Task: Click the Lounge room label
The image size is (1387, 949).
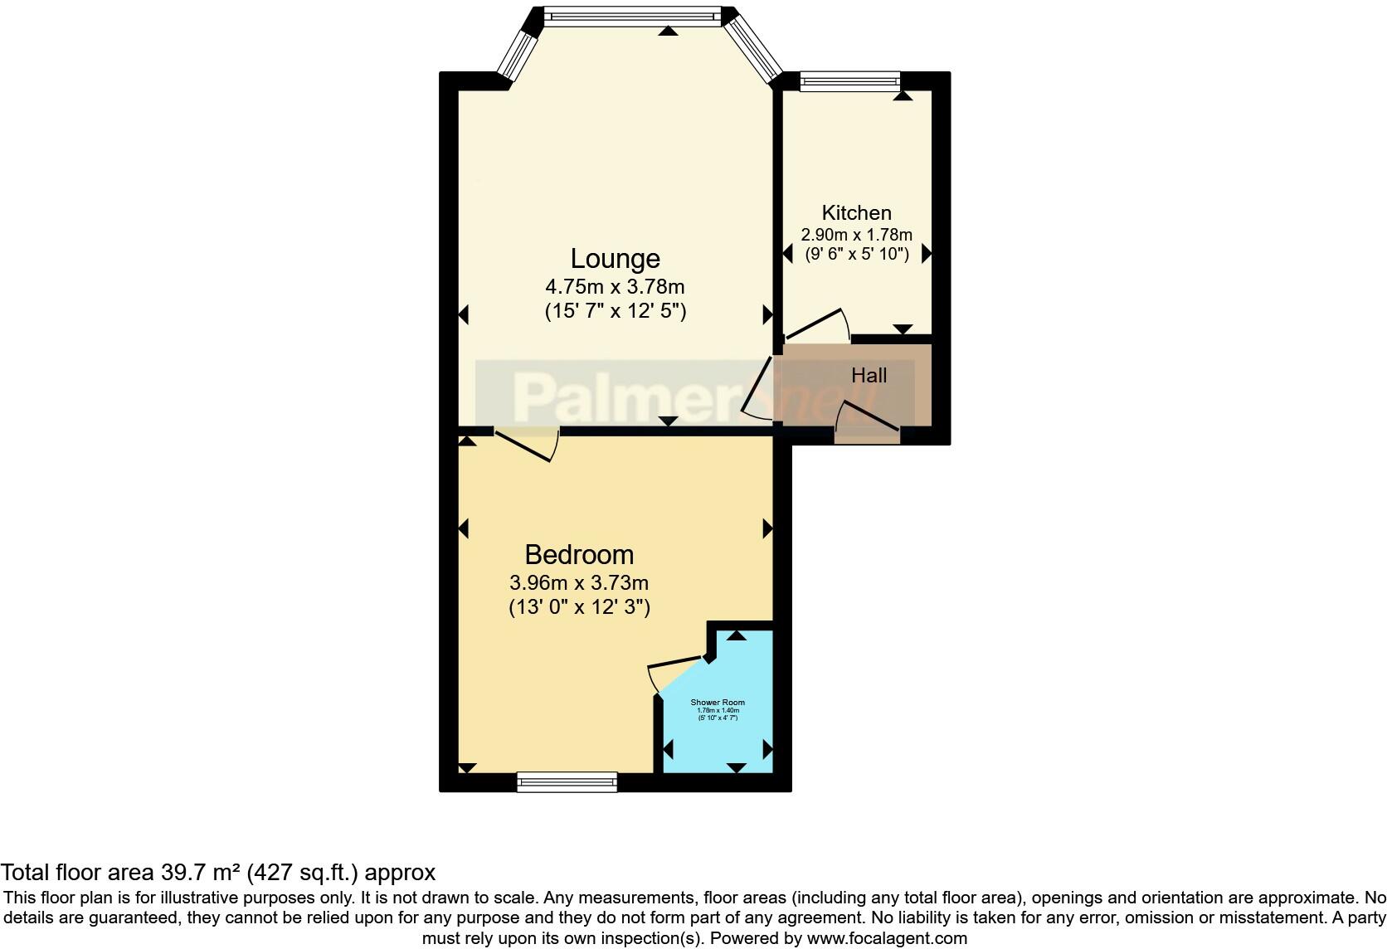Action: point(615,259)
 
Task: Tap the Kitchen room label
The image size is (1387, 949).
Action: point(856,212)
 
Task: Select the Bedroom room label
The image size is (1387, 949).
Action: point(579,554)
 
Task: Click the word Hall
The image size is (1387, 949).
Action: point(869,376)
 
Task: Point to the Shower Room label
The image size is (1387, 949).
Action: point(718,703)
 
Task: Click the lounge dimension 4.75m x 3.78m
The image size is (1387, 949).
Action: point(615,287)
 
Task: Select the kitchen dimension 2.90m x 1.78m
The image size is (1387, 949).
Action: point(856,235)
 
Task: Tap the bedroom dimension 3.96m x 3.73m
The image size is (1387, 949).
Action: point(579,582)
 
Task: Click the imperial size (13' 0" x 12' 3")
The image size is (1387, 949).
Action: point(579,607)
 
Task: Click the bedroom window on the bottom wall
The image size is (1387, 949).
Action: point(567,781)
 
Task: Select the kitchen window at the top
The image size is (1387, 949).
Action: point(849,80)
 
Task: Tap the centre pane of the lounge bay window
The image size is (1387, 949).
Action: point(632,15)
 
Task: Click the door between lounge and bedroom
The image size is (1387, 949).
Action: point(527,443)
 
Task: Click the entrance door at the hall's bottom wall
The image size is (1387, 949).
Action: point(868,421)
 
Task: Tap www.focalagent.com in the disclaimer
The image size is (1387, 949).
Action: point(887,939)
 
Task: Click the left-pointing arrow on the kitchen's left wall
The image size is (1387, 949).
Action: point(787,255)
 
